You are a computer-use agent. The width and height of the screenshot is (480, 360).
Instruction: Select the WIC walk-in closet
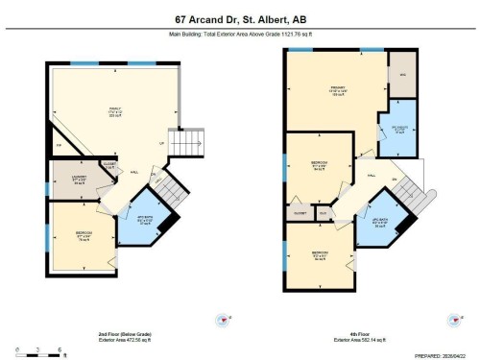(402, 75)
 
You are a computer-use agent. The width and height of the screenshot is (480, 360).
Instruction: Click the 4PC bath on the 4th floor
(380, 220)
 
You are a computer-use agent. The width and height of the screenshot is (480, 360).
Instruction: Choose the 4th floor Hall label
(370, 177)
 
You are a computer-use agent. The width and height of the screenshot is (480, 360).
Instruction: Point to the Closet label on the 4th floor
(300, 212)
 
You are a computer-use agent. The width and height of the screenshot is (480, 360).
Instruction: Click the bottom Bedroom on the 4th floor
(318, 256)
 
